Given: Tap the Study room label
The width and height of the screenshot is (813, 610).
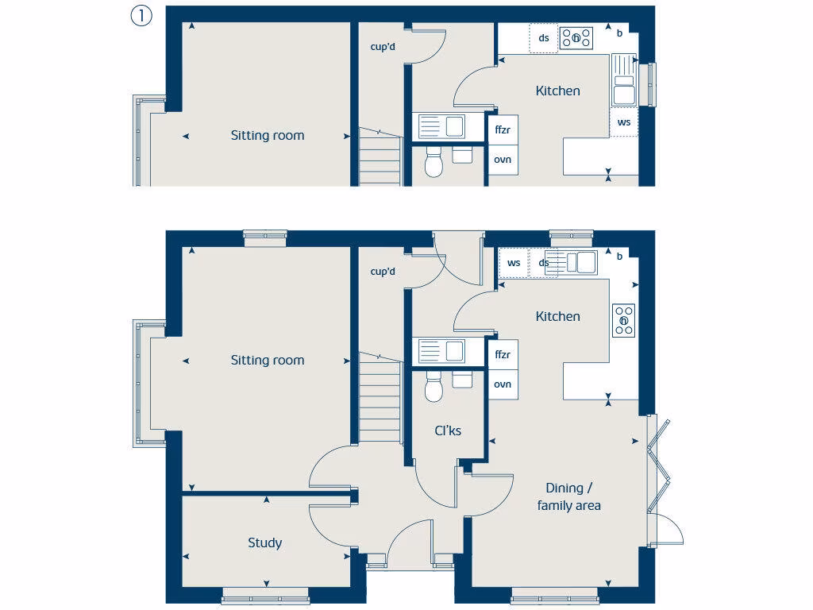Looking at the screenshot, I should coord(264,543).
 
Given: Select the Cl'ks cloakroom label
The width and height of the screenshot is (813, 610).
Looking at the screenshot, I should coord(447,430).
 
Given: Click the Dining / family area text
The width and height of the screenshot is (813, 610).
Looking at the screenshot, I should coord(568,496).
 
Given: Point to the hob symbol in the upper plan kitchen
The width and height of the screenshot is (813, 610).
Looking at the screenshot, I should coord(576,37).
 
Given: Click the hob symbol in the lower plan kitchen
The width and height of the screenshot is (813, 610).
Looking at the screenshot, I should coord(624,320).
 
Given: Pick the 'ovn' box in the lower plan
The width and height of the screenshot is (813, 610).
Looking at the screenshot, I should coord(503,384).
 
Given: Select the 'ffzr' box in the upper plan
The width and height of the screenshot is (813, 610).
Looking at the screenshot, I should coord(503,129).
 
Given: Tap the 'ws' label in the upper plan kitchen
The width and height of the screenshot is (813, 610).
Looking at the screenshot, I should coord(624,122).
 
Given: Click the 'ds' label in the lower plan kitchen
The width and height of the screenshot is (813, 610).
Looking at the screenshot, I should coord(544,263).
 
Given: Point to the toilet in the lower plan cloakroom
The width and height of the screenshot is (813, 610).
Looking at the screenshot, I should coord(433,387).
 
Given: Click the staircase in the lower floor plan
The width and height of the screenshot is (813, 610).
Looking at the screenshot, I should coord(377,397).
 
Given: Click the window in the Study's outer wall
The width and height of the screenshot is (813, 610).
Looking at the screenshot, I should coord(265,594).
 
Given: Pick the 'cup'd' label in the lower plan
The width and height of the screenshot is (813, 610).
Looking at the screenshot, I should coord(383,272).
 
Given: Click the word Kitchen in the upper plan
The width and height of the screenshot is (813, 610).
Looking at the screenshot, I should coord(557,91).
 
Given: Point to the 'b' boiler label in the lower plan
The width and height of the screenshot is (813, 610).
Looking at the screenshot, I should coord(619,256).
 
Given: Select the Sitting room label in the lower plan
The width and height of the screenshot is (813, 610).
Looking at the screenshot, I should coord(267,360).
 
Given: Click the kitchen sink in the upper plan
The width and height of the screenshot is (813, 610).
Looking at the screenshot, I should coord(624,79).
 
